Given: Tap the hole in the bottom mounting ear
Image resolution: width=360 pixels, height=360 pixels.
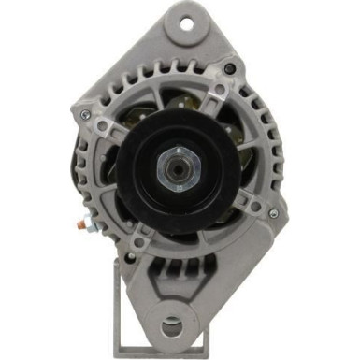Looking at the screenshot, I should tap(170, 326).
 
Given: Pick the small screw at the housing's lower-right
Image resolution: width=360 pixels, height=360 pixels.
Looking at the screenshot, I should tap(273, 213).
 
